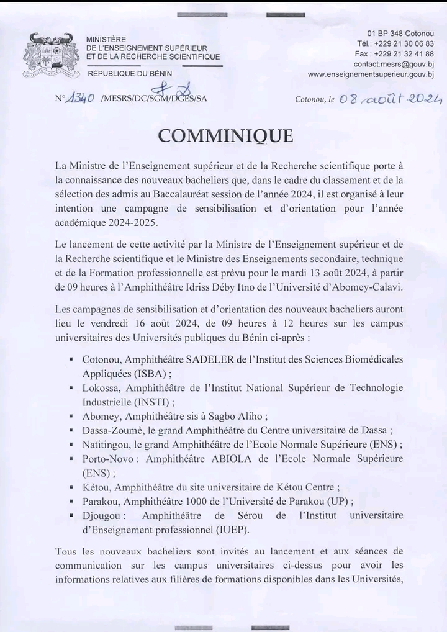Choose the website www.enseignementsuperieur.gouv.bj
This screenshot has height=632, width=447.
point(371,74)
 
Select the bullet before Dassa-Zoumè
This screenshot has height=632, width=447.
point(73,430)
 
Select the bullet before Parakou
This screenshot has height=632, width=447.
point(73,502)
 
